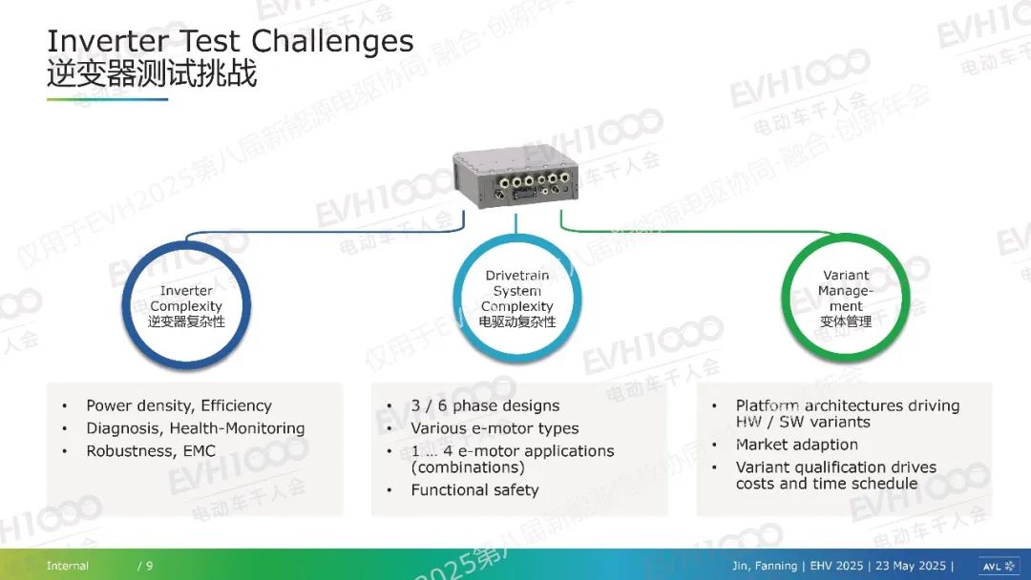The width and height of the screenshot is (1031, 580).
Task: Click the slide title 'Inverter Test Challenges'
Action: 230,41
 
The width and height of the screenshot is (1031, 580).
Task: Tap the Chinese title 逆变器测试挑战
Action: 151,72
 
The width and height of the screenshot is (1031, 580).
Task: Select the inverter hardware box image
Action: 515,176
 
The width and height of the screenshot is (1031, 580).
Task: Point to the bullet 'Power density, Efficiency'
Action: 179,405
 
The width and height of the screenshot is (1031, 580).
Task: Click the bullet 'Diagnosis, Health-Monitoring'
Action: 196,428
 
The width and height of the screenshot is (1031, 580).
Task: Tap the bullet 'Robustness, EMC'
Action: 151,451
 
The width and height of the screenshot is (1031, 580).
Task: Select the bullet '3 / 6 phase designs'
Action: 485,405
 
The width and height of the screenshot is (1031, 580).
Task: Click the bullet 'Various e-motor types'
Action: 494,428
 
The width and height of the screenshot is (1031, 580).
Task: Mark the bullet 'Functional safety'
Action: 474,490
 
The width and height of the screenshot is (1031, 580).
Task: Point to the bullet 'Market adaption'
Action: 797,445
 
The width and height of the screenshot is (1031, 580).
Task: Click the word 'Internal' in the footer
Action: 68,566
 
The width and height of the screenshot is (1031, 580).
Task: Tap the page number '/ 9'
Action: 145,566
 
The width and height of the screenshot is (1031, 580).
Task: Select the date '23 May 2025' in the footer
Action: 911,566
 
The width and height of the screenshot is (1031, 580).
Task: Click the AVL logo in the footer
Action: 999,566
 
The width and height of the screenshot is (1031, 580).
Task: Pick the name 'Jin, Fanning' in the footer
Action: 765,566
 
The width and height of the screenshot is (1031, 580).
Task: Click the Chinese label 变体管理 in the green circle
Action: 846,321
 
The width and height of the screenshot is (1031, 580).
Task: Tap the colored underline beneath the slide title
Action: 107,100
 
